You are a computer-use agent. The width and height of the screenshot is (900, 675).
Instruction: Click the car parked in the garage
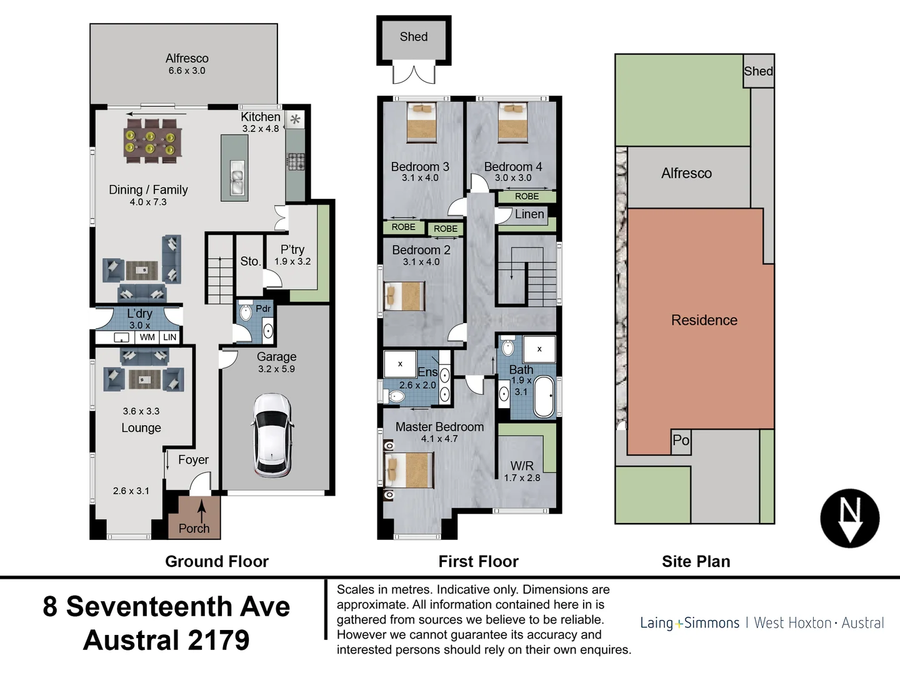(272, 435)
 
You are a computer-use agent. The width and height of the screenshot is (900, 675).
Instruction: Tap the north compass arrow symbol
(849, 519)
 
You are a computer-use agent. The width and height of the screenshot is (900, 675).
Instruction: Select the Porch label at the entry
(194, 528)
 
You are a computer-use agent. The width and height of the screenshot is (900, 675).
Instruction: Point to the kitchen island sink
(237, 177)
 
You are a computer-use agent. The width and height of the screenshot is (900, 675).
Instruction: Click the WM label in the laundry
(147, 337)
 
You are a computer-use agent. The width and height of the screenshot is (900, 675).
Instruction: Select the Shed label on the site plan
(758, 71)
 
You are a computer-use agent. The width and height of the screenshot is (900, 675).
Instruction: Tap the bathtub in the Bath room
(544, 396)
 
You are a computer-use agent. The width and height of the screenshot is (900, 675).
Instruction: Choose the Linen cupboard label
(529, 214)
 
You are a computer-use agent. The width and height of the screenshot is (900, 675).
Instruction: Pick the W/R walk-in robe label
(522, 466)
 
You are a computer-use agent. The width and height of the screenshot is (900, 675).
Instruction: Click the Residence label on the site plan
(704, 320)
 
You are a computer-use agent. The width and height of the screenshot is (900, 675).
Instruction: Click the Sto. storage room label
(250, 261)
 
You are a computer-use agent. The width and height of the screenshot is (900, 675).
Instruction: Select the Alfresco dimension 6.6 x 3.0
(186, 71)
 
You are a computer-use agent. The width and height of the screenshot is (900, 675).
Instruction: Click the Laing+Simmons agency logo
(761, 622)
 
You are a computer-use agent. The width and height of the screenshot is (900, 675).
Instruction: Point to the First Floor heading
(478, 561)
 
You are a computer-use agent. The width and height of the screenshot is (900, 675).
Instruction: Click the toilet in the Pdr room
(244, 312)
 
